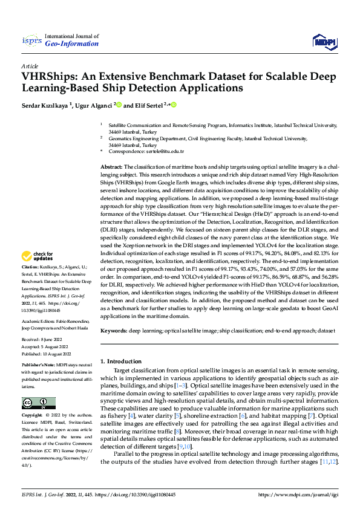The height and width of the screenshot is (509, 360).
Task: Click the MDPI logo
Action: coord(324,41)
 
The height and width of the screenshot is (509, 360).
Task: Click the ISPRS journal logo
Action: coord(32,40)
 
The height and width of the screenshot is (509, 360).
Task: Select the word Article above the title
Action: coord(30,66)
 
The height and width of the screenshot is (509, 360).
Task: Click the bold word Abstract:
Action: coord(111,166)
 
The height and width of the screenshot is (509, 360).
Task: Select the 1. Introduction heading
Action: coord(121,361)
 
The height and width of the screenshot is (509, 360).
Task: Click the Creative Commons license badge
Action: coord(38,403)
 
